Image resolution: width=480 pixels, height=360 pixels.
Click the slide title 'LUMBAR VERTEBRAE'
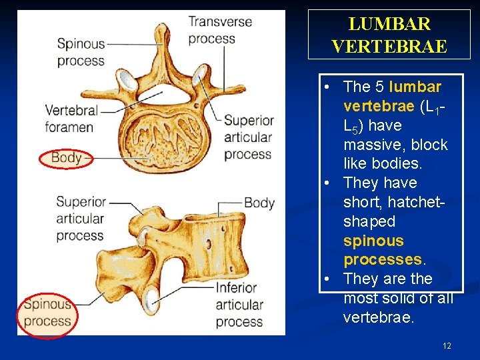(390, 35)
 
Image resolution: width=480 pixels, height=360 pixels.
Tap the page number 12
(447, 345)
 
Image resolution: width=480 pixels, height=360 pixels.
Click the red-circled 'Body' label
(66, 158)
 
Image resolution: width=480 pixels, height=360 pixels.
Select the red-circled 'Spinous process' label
(47, 313)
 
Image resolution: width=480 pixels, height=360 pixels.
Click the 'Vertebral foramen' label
(69, 118)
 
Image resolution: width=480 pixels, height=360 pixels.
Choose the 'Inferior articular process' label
(239, 305)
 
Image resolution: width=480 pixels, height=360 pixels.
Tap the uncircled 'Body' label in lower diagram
(259, 203)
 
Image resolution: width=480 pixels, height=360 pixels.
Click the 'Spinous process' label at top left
(81, 52)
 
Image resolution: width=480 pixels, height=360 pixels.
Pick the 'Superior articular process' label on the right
(248, 137)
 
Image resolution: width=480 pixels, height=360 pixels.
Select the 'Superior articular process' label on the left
(80, 218)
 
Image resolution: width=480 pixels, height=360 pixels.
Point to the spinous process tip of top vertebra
(162, 30)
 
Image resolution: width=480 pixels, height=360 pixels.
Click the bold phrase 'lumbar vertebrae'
(392, 97)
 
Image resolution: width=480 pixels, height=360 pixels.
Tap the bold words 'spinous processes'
(383, 250)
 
